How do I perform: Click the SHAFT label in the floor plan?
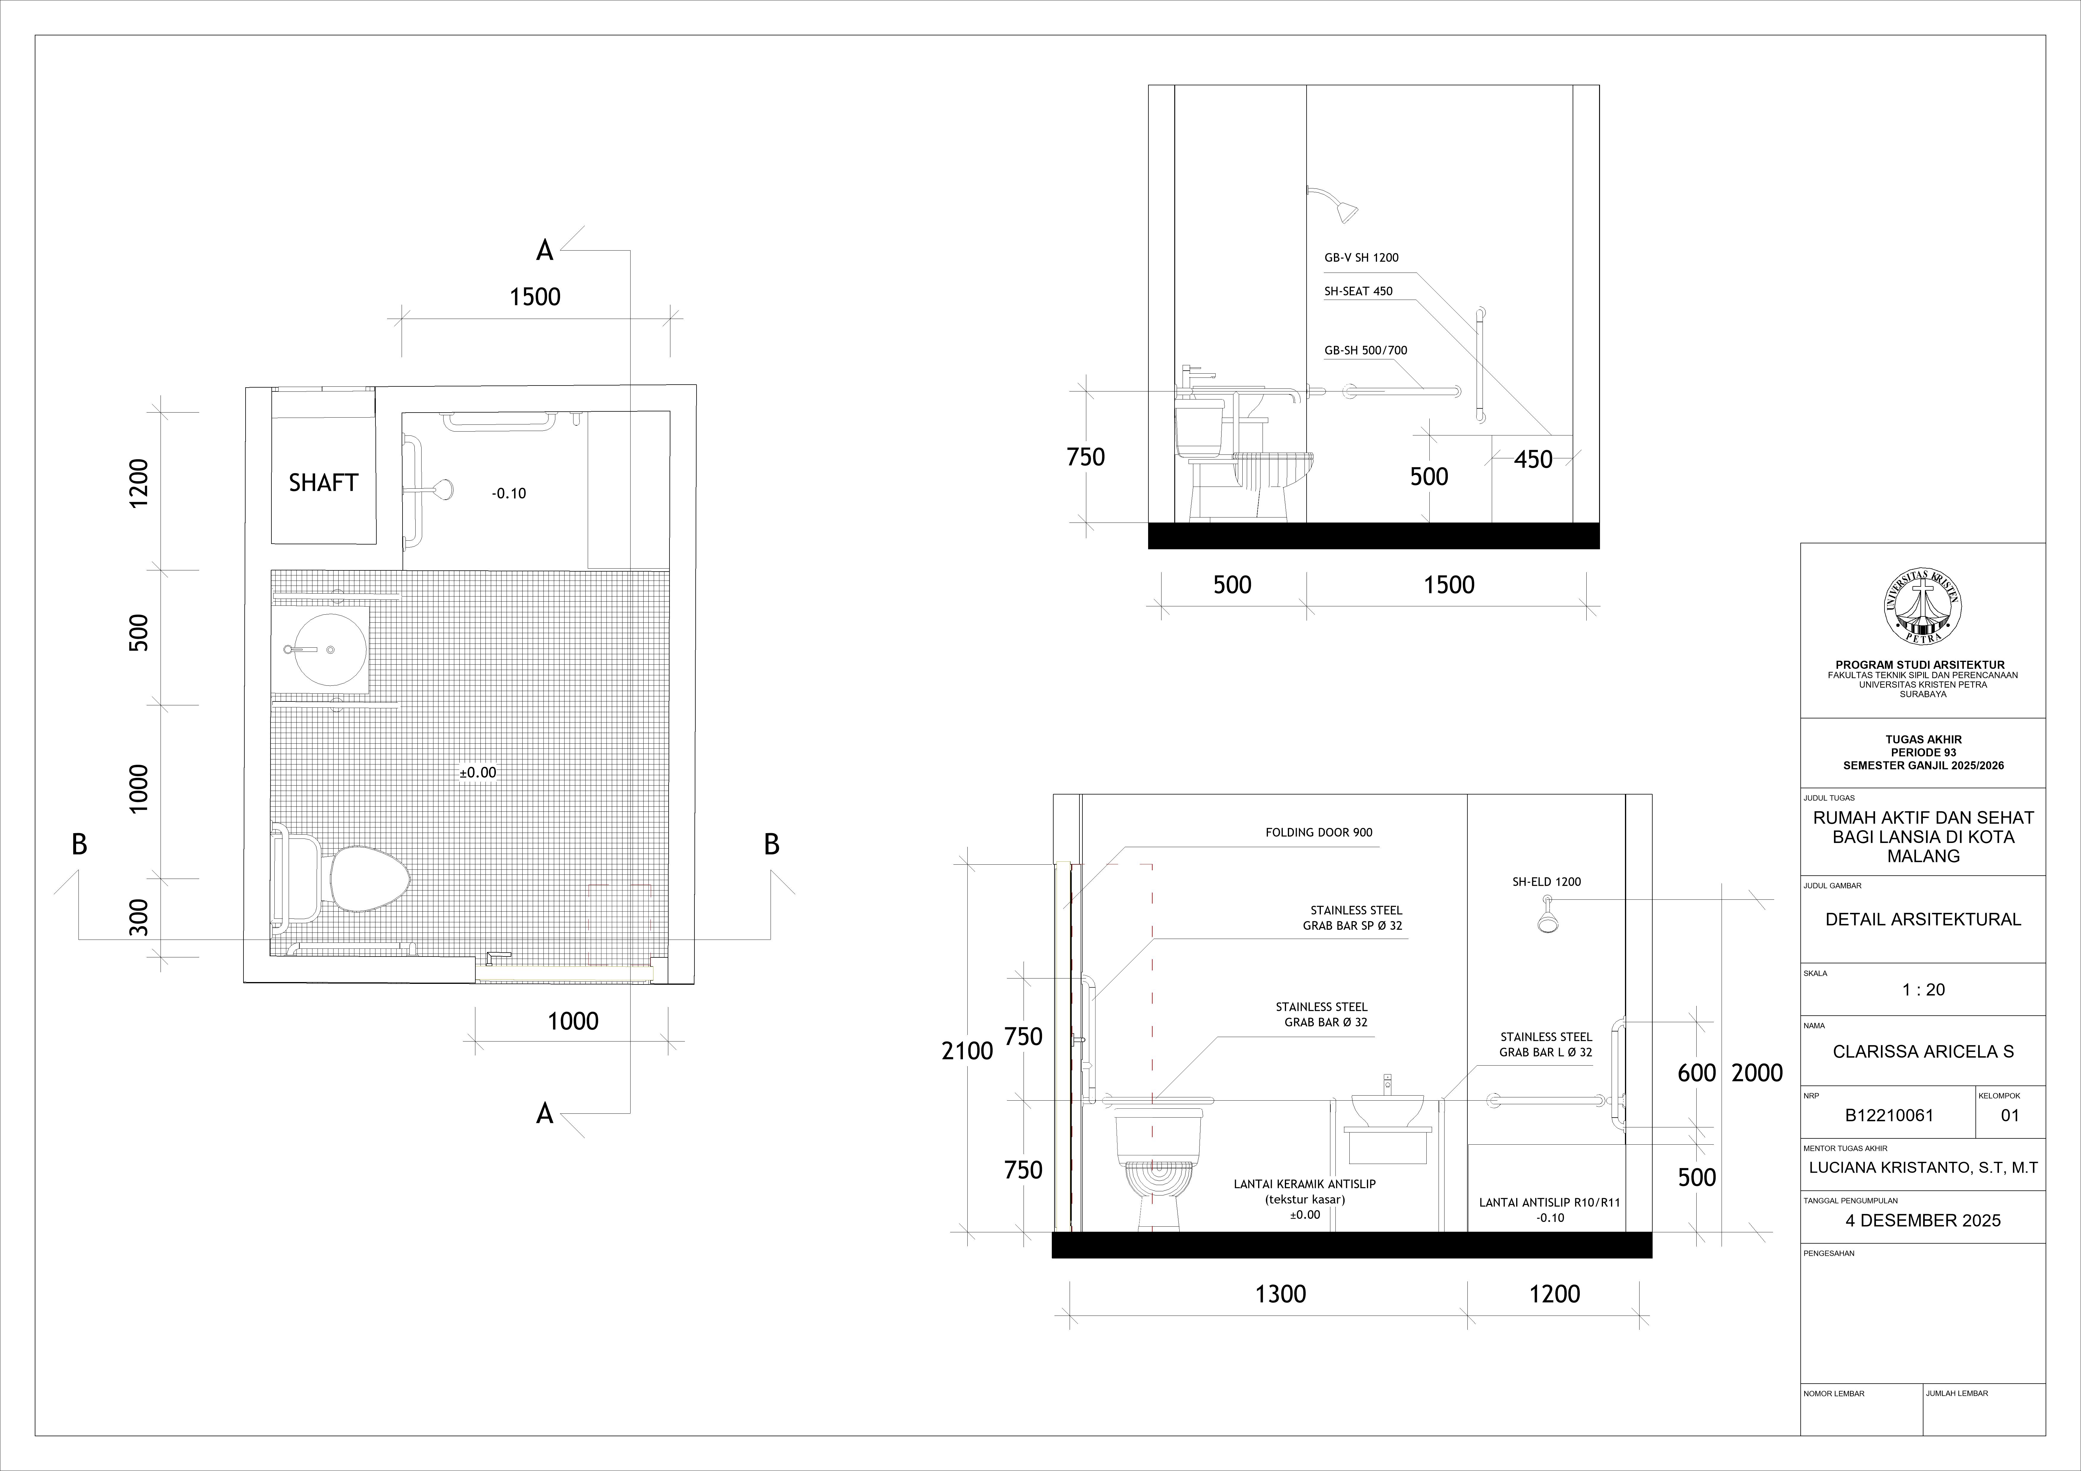point(323,483)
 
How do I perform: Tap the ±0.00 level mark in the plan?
point(478,773)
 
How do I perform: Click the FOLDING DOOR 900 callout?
point(1319,832)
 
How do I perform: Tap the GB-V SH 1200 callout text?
point(1361,257)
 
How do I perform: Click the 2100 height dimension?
point(967,1051)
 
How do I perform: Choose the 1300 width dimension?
point(1281,1294)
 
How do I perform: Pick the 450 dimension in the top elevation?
point(1533,460)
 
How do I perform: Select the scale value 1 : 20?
point(1923,990)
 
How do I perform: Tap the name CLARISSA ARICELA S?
point(1923,1052)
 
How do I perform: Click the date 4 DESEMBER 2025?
point(1923,1221)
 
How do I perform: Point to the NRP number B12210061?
point(1890,1116)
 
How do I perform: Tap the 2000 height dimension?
point(1758,1073)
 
